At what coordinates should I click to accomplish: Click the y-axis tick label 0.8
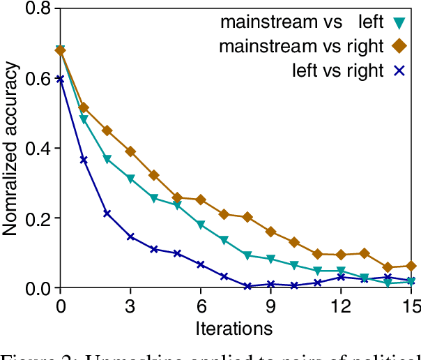[36, 9]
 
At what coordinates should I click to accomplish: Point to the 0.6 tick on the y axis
[36, 79]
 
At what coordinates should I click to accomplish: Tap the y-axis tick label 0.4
[36, 149]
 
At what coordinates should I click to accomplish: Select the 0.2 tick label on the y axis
[36, 218]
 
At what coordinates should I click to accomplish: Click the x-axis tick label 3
[130, 305]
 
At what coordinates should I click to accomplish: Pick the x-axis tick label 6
[201, 305]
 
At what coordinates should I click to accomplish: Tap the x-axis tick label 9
[270, 305]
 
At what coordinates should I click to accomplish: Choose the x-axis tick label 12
[340, 305]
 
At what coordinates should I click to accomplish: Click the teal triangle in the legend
[398, 22]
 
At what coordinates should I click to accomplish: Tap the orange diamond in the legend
[398, 47]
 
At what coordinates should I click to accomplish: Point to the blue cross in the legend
[398, 70]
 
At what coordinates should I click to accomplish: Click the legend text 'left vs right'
[337, 70]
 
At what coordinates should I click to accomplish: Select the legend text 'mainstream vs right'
[301, 47]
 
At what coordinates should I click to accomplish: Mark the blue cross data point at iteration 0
[61, 79]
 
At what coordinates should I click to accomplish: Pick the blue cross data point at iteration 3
[130, 237]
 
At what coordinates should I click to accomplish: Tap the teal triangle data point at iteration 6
[201, 225]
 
